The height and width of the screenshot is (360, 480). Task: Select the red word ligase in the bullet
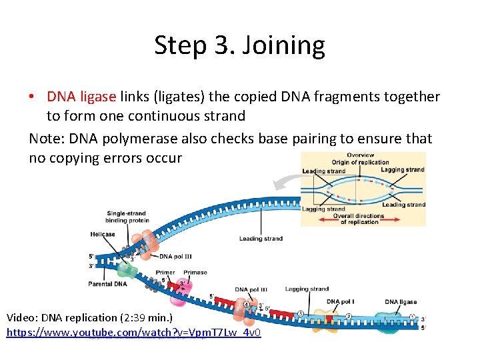coord(97,97)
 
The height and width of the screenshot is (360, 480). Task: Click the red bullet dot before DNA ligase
coord(32,97)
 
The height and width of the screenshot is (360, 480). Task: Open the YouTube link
coord(133,332)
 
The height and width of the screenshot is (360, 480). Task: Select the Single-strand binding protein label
coord(126,217)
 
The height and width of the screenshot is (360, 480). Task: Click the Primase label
coord(195,273)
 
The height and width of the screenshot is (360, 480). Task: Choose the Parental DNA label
coord(107,284)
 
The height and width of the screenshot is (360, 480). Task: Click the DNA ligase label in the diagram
coord(401,302)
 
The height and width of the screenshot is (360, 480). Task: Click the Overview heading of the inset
coord(360,156)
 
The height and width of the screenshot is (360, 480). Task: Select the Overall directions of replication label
coord(359,219)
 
